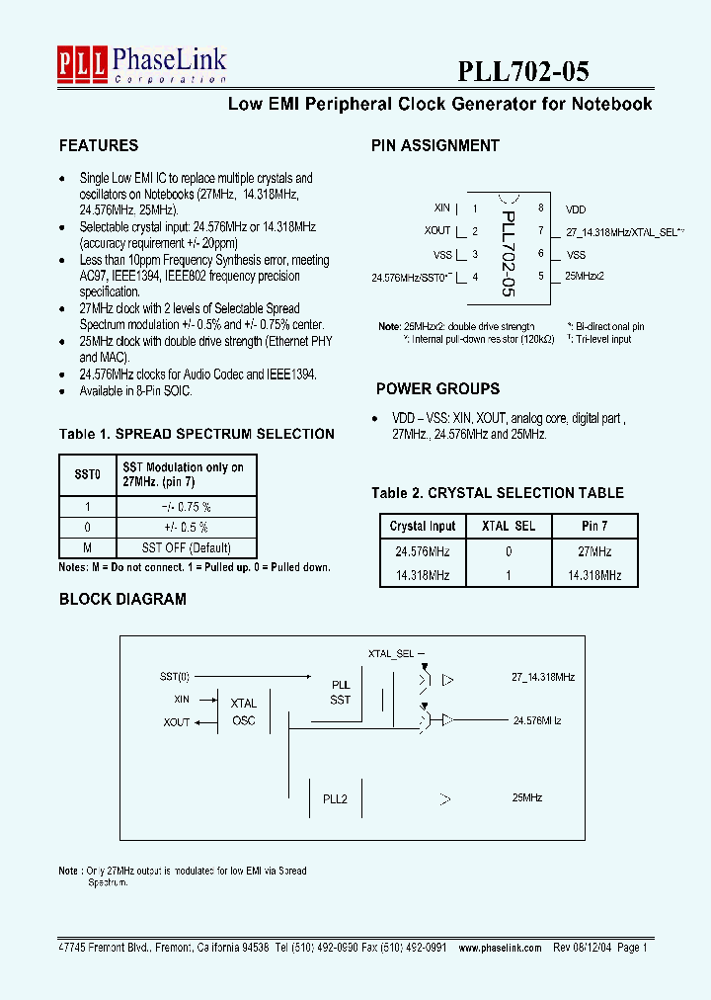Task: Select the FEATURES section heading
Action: [x=99, y=145]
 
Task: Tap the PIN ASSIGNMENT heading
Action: [x=435, y=145]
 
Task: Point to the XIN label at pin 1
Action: [x=442, y=208]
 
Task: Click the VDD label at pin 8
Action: [x=576, y=209]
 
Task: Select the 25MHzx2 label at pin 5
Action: [x=585, y=276]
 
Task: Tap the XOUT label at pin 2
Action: [x=438, y=231]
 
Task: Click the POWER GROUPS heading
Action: [x=437, y=388]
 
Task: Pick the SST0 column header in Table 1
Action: [x=88, y=474]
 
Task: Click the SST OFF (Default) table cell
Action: [x=187, y=548]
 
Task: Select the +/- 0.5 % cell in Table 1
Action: [x=187, y=527]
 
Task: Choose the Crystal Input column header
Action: [x=423, y=526]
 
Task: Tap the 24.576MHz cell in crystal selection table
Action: [x=423, y=551]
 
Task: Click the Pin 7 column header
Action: [x=594, y=526]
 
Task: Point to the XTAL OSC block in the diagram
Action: [x=243, y=711]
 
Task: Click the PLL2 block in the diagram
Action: [x=336, y=797]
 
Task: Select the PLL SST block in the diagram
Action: [x=341, y=692]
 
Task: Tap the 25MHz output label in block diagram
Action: [x=527, y=797]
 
